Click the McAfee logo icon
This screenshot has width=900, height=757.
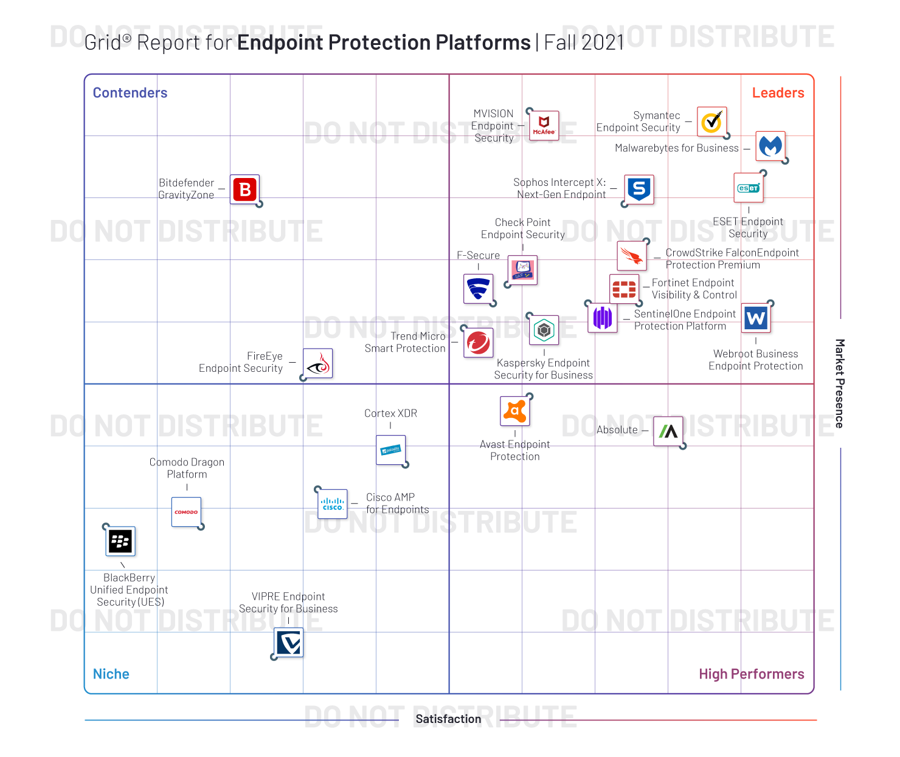(x=544, y=126)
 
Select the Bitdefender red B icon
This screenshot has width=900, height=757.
(x=245, y=190)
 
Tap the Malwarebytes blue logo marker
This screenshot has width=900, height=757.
(x=770, y=146)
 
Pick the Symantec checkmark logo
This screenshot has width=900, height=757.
(x=711, y=122)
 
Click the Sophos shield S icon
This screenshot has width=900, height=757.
(x=639, y=190)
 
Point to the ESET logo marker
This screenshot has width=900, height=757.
(x=749, y=188)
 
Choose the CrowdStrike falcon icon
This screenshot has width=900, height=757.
(x=632, y=256)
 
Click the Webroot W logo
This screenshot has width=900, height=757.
(x=756, y=318)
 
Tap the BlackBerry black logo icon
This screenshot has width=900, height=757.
(x=120, y=541)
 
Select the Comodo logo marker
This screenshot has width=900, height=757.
(x=186, y=512)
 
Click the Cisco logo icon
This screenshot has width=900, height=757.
(x=333, y=504)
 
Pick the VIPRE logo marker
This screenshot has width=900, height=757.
(x=289, y=643)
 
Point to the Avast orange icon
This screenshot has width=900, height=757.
(x=514, y=411)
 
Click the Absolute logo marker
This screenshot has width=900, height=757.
(x=668, y=431)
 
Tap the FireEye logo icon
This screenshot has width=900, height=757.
(x=318, y=363)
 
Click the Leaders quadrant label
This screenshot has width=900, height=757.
(x=778, y=93)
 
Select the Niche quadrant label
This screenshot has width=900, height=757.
(x=111, y=674)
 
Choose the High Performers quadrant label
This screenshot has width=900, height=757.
(x=751, y=674)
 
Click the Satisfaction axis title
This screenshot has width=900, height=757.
(x=448, y=719)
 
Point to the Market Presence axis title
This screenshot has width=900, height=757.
(x=840, y=383)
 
